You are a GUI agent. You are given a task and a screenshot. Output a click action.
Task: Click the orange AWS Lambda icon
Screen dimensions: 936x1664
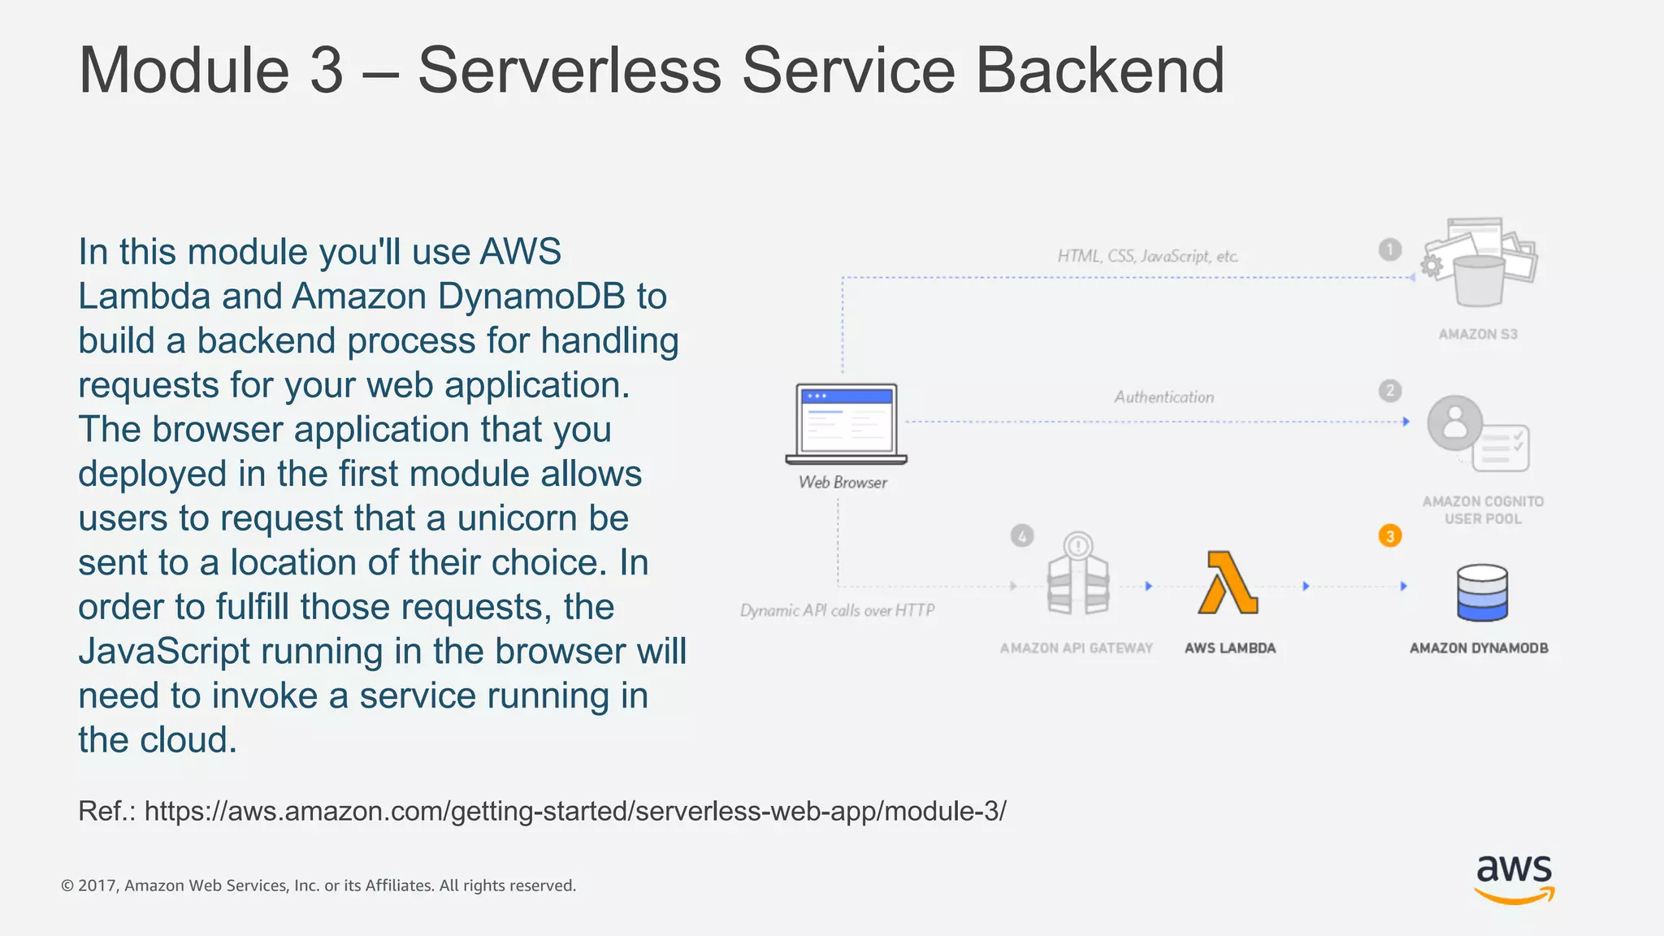point(1228,583)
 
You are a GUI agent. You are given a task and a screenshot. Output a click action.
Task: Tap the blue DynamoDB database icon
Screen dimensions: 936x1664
point(1482,592)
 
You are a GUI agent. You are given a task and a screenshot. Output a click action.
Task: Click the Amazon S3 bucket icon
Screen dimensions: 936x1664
point(1479,263)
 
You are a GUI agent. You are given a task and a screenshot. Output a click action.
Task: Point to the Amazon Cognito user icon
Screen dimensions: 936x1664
point(1476,434)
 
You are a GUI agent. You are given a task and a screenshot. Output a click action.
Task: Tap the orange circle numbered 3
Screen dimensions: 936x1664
point(1390,536)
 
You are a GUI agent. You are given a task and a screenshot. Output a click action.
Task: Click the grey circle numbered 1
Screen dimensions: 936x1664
point(1390,249)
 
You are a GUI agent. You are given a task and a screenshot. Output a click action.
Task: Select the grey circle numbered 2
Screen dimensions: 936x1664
point(1390,391)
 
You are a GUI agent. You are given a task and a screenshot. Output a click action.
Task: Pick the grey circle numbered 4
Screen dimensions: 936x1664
point(1022,536)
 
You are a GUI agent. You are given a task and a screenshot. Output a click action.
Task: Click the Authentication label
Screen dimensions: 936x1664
point(1163,397)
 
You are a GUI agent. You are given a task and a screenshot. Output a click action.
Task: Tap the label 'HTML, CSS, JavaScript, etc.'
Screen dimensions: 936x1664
point(1147,257)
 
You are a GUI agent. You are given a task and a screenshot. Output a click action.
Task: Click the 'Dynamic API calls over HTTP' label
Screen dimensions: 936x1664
point(837,610)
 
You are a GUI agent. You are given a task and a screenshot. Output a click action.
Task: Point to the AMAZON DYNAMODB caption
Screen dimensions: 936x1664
point(1479,648)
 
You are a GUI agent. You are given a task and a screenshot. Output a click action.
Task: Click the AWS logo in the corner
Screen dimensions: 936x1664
point(1514,878)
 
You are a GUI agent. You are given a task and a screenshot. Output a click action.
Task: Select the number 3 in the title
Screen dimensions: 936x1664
point(327,71)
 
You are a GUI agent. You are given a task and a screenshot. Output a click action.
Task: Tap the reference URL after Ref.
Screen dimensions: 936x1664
point(575,811)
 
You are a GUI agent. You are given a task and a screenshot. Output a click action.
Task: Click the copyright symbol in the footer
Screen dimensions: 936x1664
point(67,886)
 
